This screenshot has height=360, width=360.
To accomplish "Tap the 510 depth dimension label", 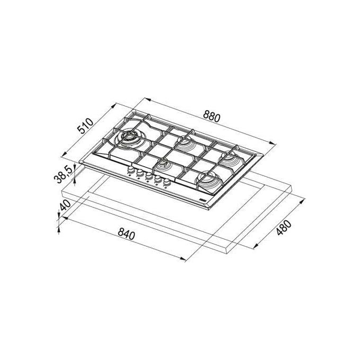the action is [85, 126].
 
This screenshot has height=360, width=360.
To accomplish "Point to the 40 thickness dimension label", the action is [66, 205].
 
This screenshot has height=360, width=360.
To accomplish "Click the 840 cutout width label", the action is [126, 234].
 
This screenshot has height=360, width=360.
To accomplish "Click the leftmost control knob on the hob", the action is [131, 170].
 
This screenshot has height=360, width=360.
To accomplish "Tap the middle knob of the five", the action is [149, 176].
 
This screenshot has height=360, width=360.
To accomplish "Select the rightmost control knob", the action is [167, 182].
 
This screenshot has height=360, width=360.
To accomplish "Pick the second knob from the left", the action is [140, 173].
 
